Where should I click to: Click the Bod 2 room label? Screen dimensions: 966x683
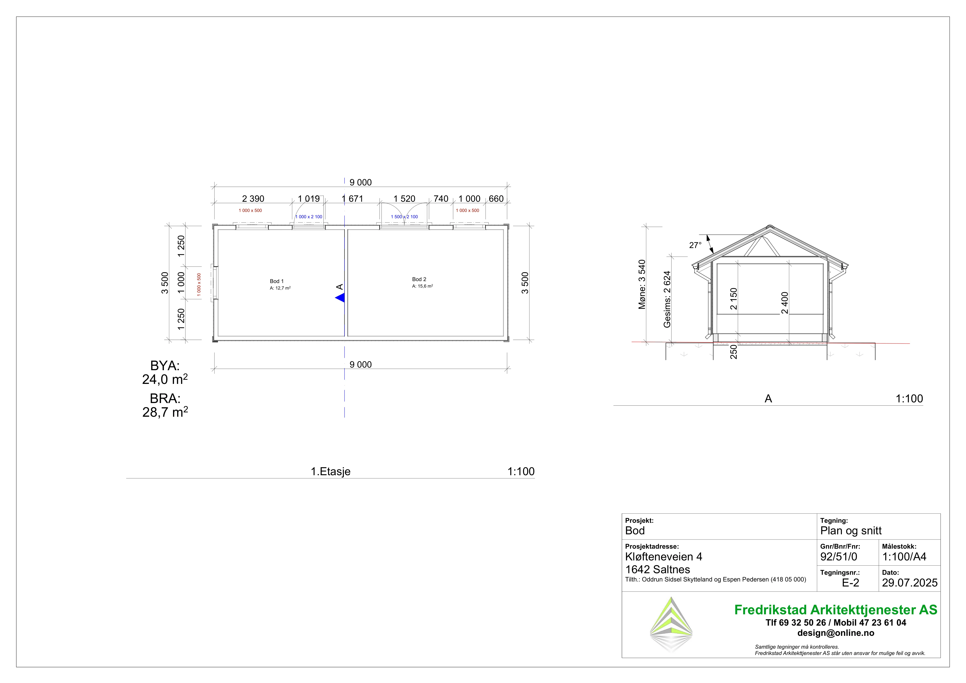pos(419,279)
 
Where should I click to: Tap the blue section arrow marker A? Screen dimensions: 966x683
pos(340,298)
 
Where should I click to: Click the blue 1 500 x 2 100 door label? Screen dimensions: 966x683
pos(404,217)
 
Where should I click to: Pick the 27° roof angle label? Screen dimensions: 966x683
pos(695,245)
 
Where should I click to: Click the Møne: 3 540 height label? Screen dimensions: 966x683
pos(642,285)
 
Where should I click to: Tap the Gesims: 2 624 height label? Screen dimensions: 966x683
pos(667,299)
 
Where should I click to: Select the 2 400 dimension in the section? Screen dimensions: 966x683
pos(785,303)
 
